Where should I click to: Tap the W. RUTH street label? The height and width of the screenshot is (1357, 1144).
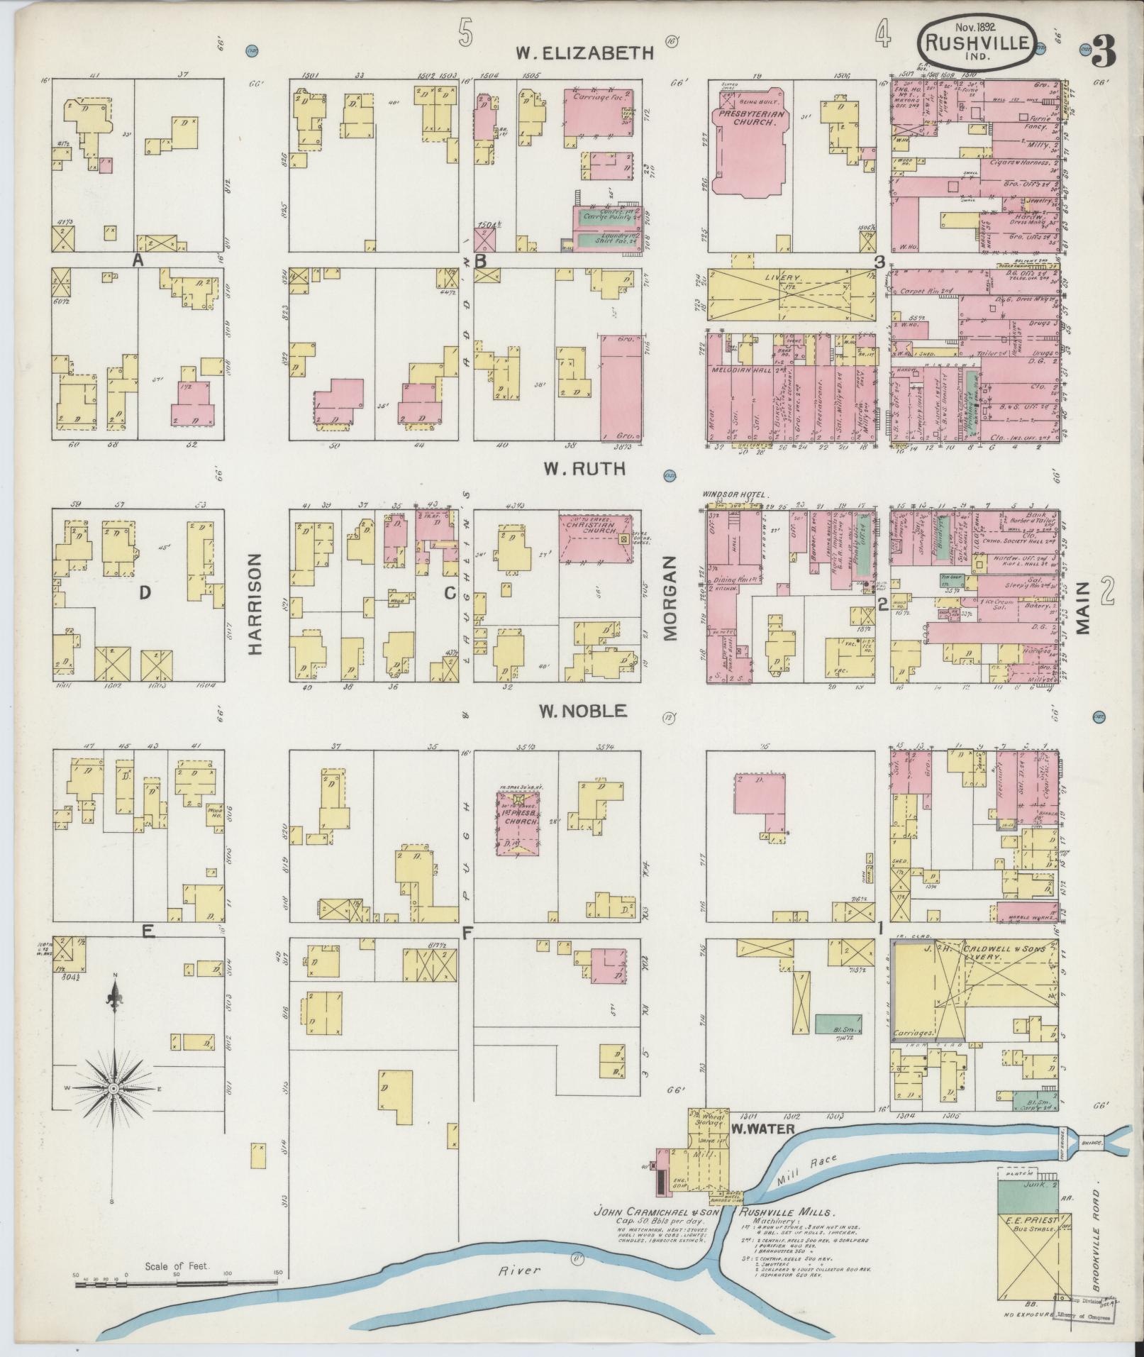pos(584,468)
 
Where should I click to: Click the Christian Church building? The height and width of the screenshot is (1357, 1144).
pos(594,538)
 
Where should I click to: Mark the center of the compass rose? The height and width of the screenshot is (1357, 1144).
pos(113,1107)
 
